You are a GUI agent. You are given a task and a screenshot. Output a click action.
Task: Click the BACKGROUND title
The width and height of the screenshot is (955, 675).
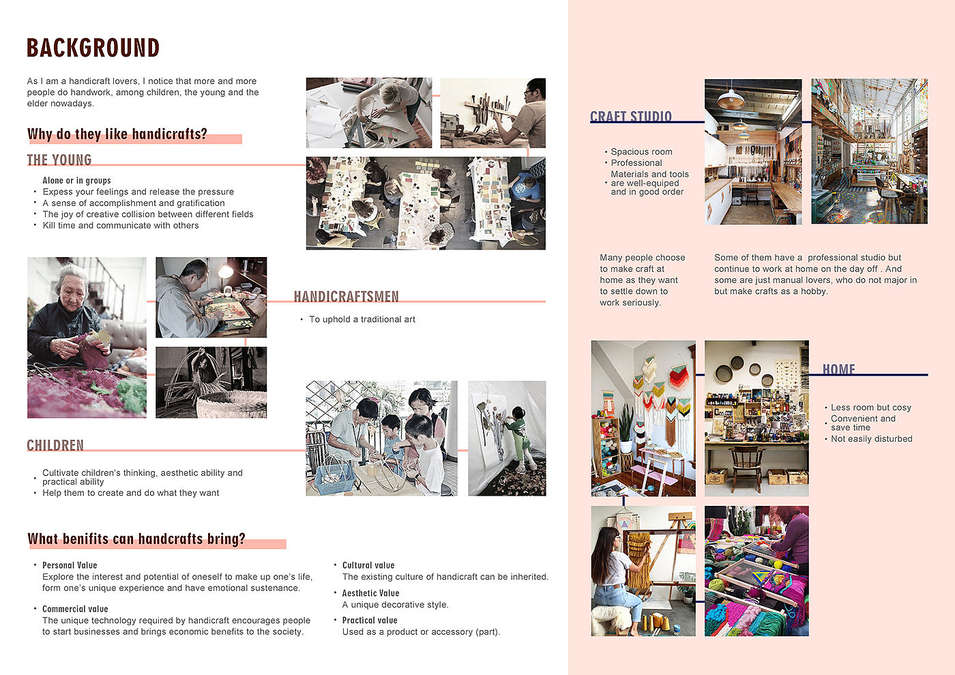pos(93,48)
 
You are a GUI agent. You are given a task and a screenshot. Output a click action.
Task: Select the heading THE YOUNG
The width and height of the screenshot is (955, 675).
pos(59,160)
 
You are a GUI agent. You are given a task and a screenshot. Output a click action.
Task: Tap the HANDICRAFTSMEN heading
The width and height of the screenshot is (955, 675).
pos(347,297)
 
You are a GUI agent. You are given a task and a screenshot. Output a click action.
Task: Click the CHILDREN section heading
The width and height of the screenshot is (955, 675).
pos(55,445)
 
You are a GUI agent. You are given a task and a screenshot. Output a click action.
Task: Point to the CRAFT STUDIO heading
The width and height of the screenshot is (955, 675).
pos(630,117)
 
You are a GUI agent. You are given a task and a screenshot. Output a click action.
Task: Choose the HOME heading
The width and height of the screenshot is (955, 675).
pos(838,369)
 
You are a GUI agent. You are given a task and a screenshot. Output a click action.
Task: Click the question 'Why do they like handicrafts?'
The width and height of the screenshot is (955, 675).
pos(117,134)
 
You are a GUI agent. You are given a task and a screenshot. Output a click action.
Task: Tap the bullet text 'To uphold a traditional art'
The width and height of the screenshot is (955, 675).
pos(362,319)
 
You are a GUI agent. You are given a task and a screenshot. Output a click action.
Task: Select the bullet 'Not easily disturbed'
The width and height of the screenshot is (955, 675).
pos(872,438)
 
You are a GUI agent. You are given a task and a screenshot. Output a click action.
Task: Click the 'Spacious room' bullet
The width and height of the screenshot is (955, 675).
pos(641,151)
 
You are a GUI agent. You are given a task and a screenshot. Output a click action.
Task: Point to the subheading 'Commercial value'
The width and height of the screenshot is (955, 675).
pos(75,609)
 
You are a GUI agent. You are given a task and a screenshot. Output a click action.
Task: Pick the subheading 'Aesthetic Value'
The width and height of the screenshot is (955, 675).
pos(370,593)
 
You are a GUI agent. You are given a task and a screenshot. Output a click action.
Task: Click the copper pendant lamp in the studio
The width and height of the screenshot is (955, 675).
pos(731,100)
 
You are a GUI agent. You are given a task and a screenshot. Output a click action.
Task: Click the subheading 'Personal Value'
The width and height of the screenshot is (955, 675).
pos(70,565)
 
